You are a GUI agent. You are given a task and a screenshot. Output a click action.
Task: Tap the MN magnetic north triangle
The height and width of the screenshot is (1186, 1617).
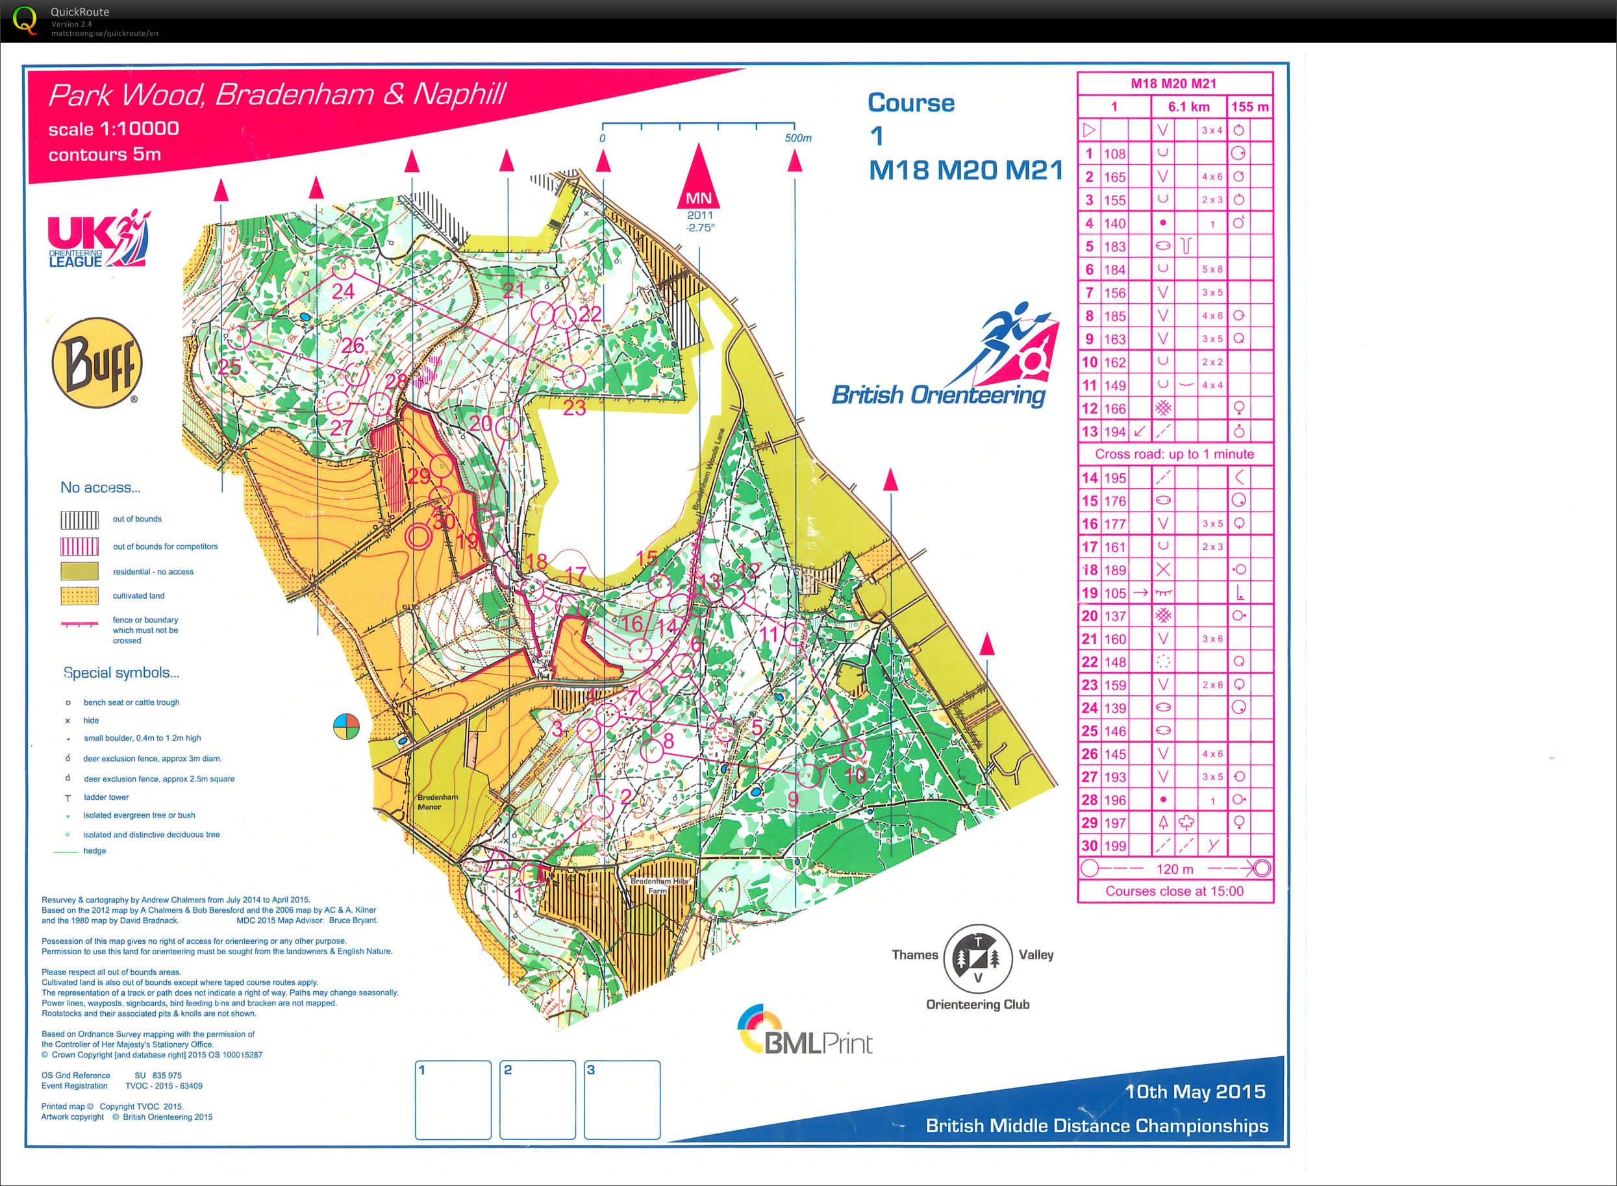699,179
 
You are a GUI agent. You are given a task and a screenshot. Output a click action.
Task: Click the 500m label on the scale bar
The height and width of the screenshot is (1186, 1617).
797,138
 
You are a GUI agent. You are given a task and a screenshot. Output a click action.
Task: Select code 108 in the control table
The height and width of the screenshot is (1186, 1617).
1114,154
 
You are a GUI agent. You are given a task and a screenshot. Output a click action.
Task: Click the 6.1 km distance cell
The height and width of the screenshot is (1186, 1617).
1188,107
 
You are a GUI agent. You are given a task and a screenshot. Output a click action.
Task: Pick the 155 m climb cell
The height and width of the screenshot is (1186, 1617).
1249,107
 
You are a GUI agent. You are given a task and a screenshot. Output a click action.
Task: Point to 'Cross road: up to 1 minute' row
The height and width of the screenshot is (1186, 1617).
1174,454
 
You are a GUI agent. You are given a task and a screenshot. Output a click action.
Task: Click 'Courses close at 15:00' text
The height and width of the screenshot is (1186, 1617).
1174,891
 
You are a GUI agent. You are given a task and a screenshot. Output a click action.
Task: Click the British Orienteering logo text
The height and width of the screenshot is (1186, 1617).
938,395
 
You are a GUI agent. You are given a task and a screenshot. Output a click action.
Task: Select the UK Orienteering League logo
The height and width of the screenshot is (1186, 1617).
98,240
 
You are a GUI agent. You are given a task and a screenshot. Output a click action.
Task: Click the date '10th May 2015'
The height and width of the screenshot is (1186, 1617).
1194,1092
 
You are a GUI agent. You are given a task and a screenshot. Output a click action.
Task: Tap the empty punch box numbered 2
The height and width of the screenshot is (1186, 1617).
537,1100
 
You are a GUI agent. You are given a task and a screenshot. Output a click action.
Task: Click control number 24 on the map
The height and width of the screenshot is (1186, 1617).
344,291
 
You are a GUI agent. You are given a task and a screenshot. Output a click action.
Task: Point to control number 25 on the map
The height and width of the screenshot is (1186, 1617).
229,367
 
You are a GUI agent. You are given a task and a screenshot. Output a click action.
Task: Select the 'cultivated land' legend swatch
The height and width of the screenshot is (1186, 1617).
79,596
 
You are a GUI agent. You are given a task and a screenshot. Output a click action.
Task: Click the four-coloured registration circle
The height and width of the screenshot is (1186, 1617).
346,726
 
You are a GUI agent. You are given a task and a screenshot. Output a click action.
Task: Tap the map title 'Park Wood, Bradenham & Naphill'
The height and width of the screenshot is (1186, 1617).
277,95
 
